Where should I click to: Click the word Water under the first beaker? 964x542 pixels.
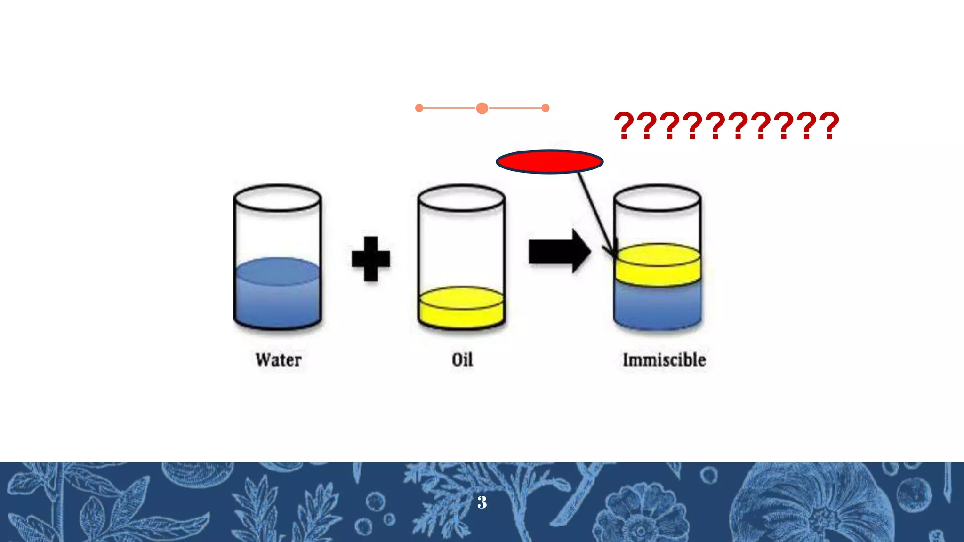278,360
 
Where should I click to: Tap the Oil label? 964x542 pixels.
462,360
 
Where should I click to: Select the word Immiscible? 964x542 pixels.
664,360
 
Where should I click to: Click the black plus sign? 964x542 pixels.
371,258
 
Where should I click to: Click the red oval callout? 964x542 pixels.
549,162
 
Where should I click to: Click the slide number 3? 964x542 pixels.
482,502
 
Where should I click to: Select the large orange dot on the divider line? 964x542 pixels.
482,108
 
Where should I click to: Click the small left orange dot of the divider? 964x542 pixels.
419,108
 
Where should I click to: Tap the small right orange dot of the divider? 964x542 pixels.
546,108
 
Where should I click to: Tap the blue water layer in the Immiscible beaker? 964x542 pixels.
658,306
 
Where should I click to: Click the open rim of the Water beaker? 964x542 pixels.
278,198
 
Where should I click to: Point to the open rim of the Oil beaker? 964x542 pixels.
462,198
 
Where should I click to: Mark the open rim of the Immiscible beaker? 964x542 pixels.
658,198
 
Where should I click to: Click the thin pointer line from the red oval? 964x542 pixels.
595,212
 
